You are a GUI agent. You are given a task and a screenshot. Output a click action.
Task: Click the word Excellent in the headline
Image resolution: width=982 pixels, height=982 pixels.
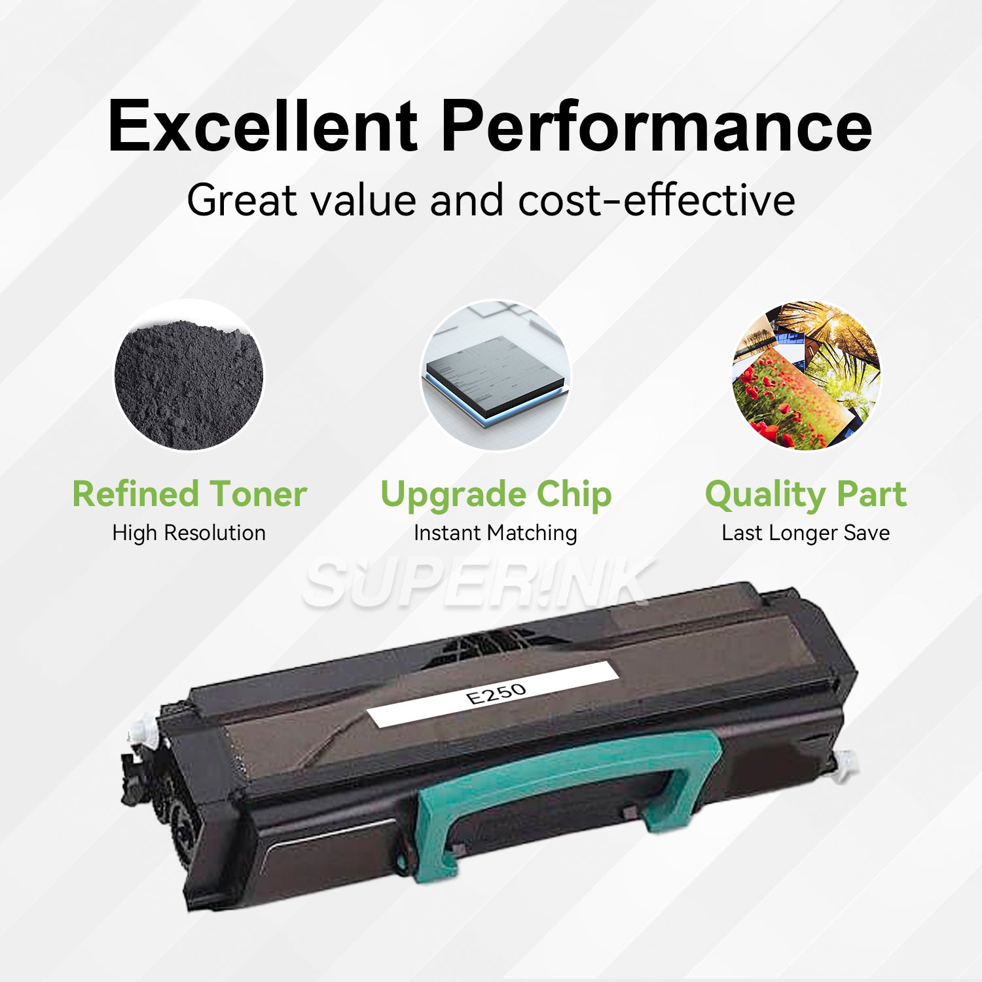263,126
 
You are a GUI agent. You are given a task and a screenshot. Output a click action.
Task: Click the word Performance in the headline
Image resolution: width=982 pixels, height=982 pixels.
657,126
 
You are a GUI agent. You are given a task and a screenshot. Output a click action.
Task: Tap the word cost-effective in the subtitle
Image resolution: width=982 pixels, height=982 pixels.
657,200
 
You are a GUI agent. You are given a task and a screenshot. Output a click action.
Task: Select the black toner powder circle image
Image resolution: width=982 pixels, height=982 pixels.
189,375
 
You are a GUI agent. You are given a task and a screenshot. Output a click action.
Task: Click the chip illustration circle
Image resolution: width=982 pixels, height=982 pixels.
495,375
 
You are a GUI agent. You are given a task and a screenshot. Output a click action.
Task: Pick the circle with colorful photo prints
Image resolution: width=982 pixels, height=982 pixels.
806,375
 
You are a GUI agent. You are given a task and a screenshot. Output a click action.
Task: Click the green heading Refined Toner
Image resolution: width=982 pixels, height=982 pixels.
189,494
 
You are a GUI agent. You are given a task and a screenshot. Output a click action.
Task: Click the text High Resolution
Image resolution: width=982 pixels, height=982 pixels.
189,533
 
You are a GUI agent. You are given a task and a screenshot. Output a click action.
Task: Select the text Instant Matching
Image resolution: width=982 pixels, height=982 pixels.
496,534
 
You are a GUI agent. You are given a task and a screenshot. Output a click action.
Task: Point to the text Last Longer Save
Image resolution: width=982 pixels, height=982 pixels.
806,534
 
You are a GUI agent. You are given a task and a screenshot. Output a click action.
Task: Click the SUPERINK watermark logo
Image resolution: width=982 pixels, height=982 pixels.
478,583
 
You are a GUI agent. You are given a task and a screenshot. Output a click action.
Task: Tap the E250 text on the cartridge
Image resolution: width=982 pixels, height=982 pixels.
496,693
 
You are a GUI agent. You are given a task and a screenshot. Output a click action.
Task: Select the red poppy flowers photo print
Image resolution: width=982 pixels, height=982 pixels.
779,399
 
